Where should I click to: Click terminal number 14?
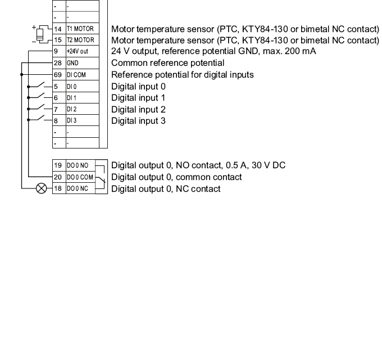(57, 28)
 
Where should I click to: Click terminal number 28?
(57, 63)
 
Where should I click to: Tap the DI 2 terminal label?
(71, 109)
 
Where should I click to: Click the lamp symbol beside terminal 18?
(41, 189)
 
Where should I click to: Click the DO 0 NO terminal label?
(79, 165)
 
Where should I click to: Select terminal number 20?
(57, 177)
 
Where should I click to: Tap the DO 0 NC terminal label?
(79, 189)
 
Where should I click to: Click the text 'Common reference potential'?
(168, 63)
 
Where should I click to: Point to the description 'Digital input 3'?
(138, 120)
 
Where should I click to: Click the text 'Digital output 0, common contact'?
(176, 177)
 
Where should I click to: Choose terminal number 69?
(57, 75)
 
